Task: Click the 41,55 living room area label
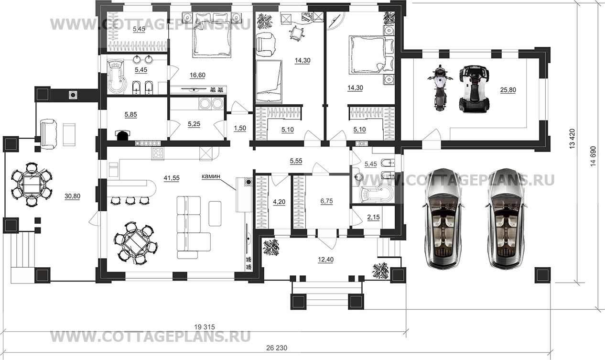(x=172, y=178)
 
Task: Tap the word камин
(x=211, y=176)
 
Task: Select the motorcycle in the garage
(x=440, y=87)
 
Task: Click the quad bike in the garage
(x=474, y=88)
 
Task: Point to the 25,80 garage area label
(x=508, y=90)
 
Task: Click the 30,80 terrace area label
(x=72, y=196)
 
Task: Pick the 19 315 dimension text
(x=205, y=327)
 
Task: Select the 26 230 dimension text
(x=277, y=348)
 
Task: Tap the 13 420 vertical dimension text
(x=572, y=138)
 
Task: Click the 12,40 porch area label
(x=325, y=260)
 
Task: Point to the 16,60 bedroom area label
(x=197, y=75)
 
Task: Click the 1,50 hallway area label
(x=240, y=128)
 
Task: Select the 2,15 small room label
(x=374, y=217)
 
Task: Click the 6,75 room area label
(x=326, y=201)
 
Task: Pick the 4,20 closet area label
(x=279, y=202)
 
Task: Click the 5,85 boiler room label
(x=131, y=115)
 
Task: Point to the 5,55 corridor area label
(x=296, y=161)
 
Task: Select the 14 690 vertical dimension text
(x=593, y=156)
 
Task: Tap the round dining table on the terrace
(x=32, y=184)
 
